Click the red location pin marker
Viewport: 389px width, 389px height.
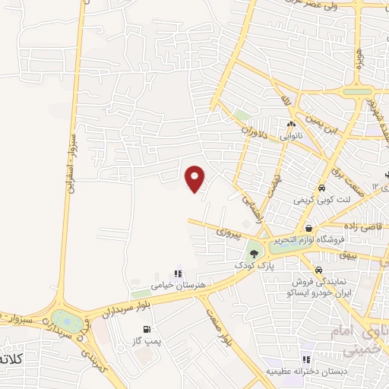(195, 179)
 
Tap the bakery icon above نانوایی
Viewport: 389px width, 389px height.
(291, 125)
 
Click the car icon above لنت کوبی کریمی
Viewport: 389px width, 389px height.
(322, 188)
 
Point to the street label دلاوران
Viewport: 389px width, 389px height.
(256, 131)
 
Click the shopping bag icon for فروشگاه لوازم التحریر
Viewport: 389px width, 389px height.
(309, 227)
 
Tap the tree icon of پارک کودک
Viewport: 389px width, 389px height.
(253, 253)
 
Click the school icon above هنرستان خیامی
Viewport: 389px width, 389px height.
(178, 274)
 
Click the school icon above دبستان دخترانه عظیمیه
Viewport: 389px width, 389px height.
(305, 359)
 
